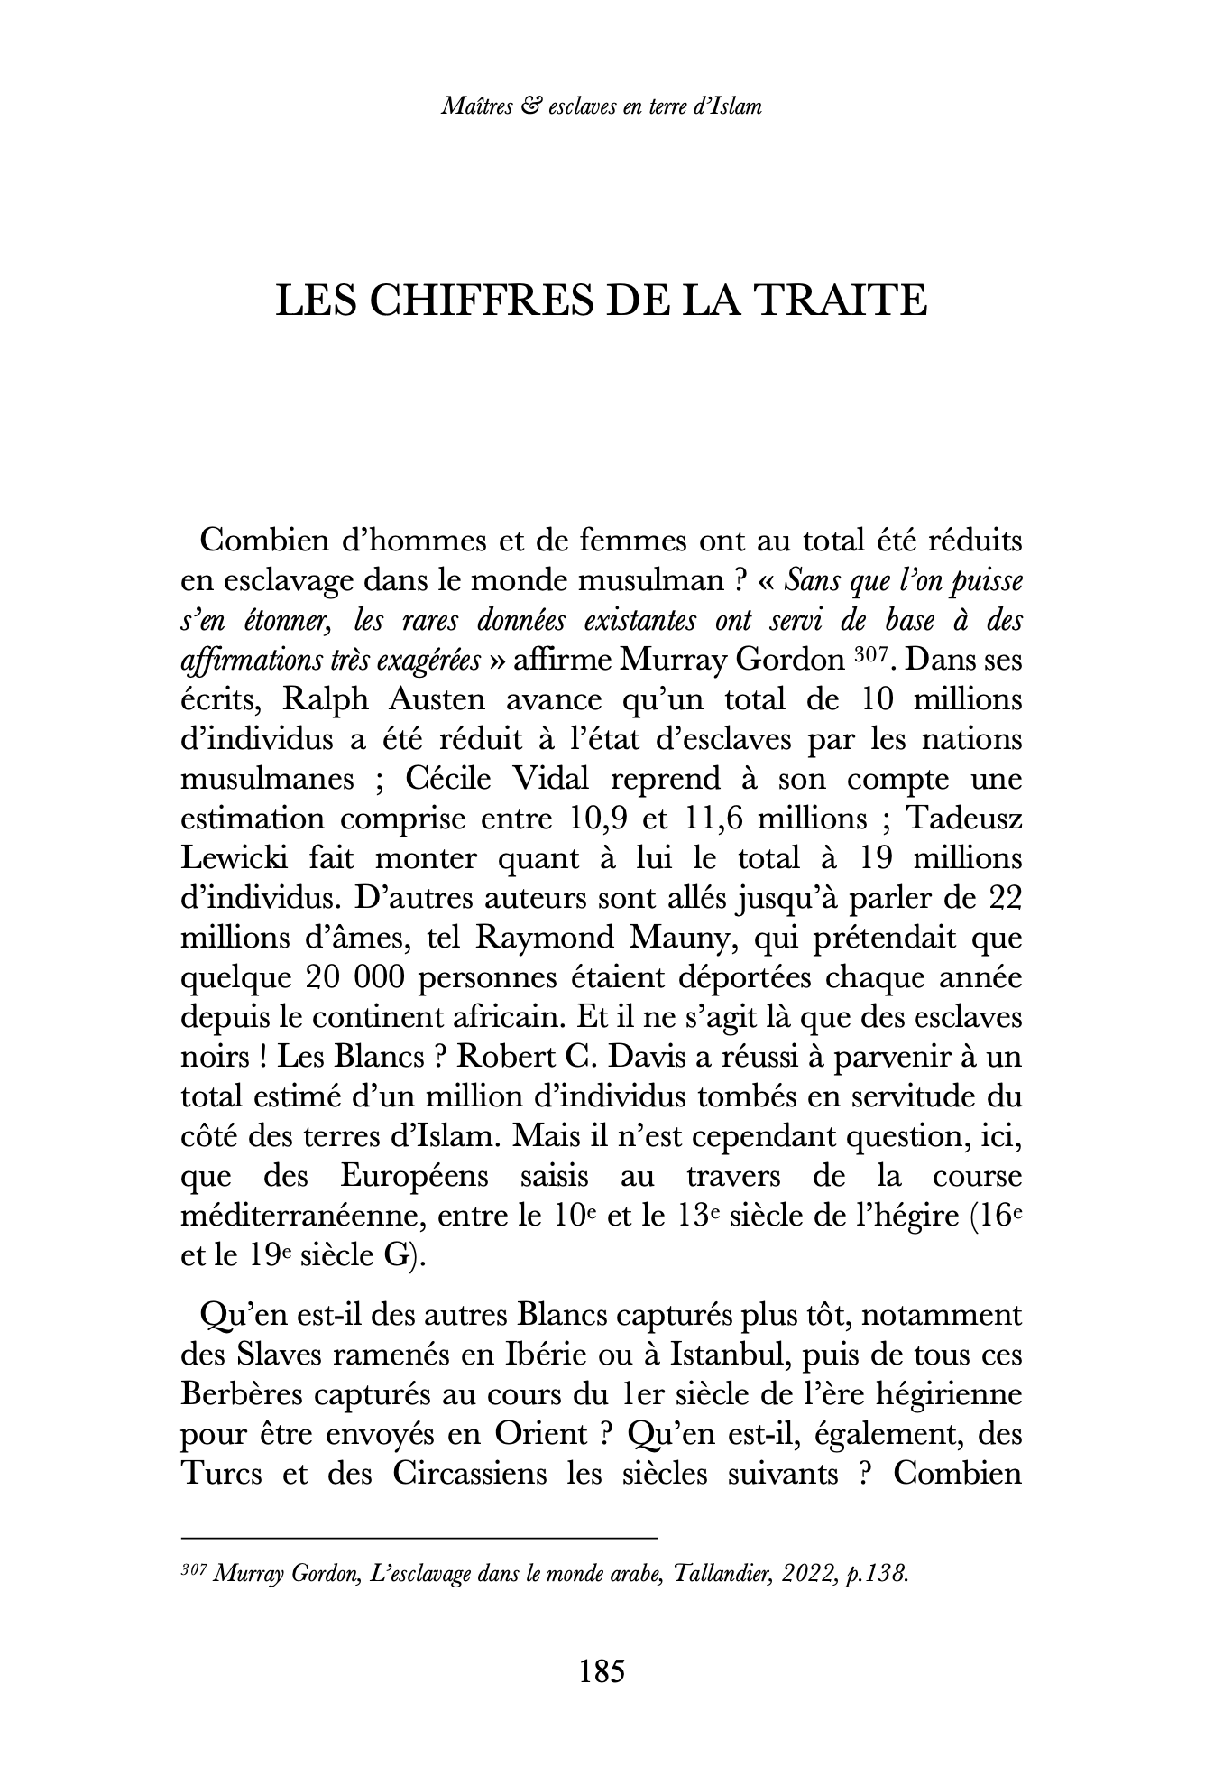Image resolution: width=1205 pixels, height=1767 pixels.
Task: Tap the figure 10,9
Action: [600, 819]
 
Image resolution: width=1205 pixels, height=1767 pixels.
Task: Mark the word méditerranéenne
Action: [301, 1216]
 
